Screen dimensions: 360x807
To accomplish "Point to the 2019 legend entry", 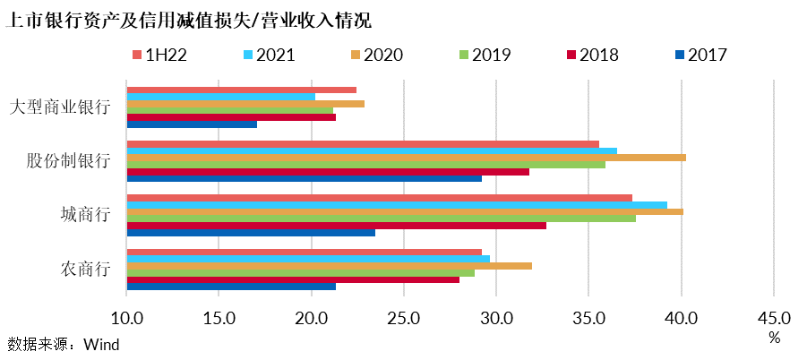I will click(x=478, y=55).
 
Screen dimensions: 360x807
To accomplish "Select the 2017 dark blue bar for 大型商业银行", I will click(x=192, y=124).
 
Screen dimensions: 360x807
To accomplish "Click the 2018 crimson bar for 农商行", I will click(x=293, y=279).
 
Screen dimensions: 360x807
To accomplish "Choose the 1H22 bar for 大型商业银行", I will click(x=241, y=90).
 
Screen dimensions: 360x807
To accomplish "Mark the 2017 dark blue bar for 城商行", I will click(x=251, y=233).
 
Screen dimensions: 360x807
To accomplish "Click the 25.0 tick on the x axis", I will click(x=403, y=317).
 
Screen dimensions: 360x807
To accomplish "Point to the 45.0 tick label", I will click(x=774, y=317).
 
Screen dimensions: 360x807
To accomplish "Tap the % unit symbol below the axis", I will click(x=774, y=337).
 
